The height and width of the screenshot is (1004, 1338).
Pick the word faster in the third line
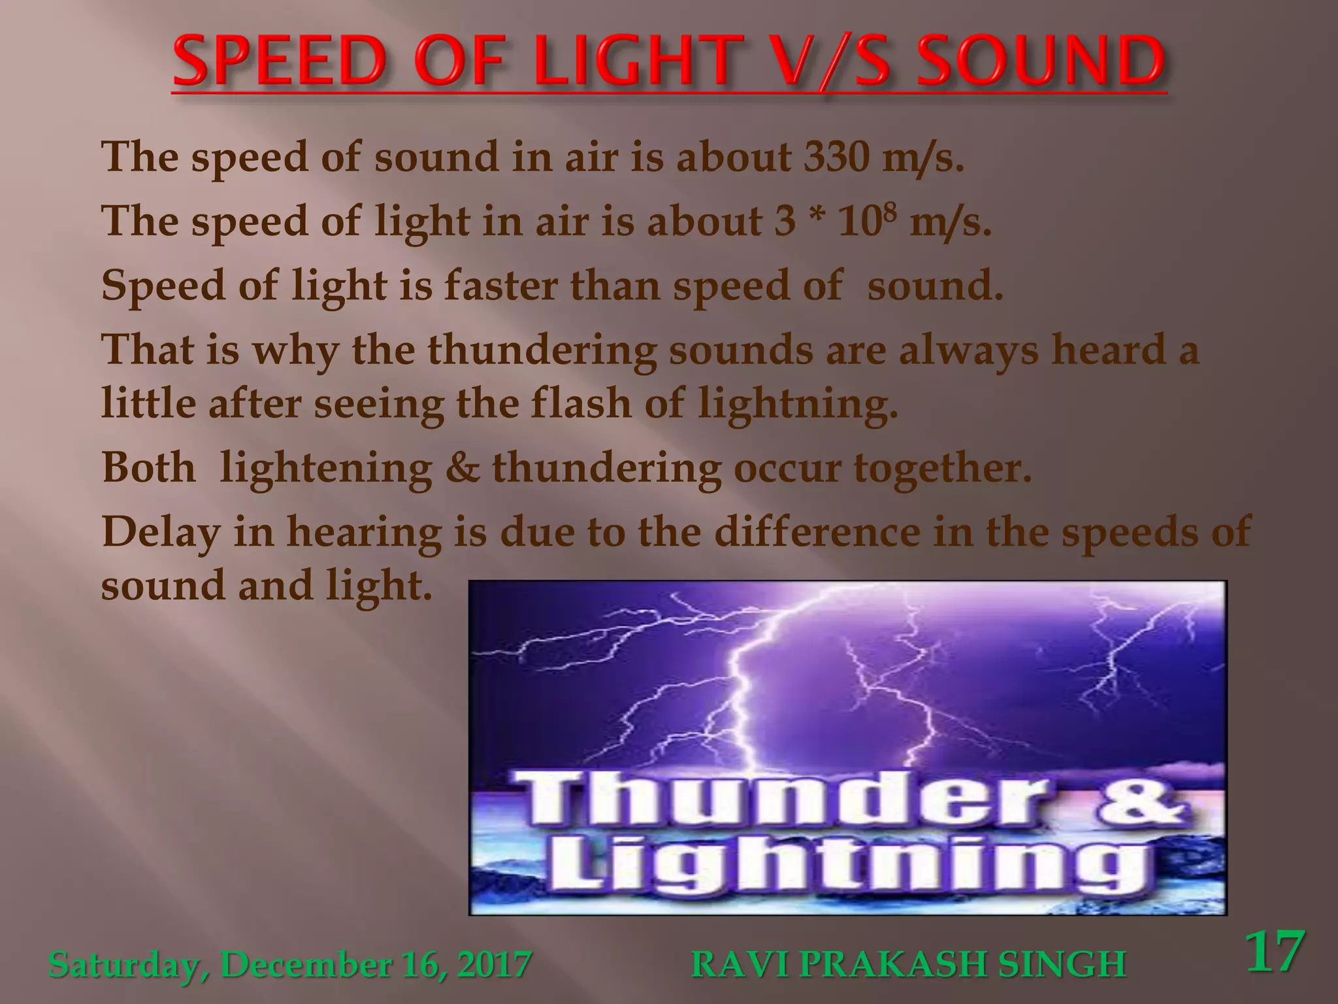[x=500, y=286]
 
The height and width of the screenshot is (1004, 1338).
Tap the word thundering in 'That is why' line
[x=542, y=350]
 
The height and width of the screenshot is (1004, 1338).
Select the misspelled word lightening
[x=326, y=468]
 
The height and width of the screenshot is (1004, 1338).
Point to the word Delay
[x=161, y=532]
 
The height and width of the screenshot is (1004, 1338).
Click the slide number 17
[x=1275, y=952]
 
